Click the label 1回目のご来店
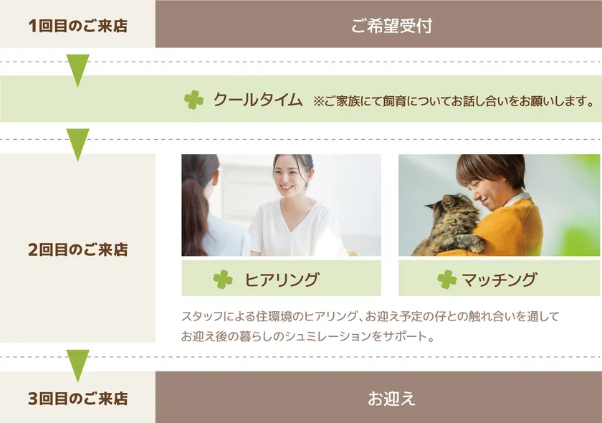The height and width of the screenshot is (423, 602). (x=77, y=26)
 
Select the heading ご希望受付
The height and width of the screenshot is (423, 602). (x=391, y=26)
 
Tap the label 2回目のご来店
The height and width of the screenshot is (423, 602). (x=77, y=250)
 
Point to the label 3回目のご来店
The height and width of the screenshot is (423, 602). (x=77, y=398)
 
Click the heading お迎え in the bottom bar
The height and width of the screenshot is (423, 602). (x=391, y=398)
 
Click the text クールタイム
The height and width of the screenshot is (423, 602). (x=257, y=100)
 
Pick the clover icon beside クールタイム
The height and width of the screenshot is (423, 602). (x=193, y=100)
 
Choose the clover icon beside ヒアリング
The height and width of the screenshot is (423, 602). (x=223, y=280)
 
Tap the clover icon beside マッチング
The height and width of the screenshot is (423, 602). (x=446, y=280)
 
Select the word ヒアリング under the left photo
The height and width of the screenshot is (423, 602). (x=282, y=280)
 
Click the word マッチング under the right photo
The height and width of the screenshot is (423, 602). (x=499, y=280)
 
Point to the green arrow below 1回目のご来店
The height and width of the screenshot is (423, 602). (x=77, y=69)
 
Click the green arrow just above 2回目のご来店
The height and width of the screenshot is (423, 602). (x=77, y=143)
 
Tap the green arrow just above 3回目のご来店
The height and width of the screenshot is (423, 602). (x=77, y=364)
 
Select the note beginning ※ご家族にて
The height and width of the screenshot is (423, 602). (x=453, y=101)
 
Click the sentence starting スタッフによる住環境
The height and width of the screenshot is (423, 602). (x=370, y=315)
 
